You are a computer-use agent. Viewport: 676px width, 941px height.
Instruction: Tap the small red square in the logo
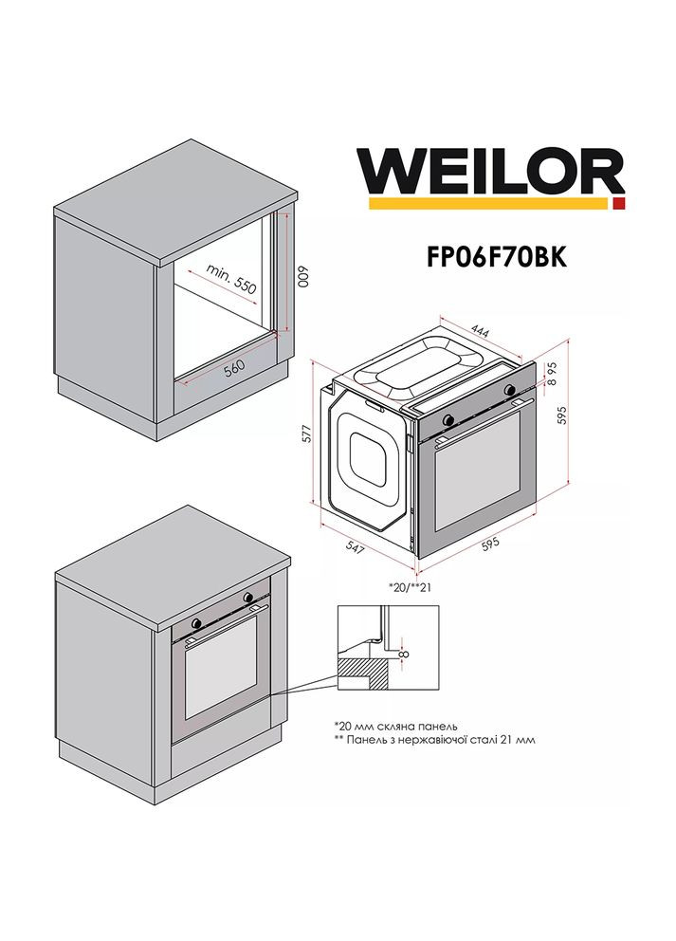[x=618, y=203]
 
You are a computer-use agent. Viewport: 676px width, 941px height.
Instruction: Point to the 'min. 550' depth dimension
[x=233, y=282]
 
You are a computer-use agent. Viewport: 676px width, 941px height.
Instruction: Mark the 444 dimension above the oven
[x=480, y=332]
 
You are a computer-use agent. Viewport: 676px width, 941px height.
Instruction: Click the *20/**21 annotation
[x=410, y=585]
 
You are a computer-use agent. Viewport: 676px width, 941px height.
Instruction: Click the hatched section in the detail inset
[x=364, y=675]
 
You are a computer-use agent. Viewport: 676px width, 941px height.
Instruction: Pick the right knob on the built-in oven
[x=248, y=598]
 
